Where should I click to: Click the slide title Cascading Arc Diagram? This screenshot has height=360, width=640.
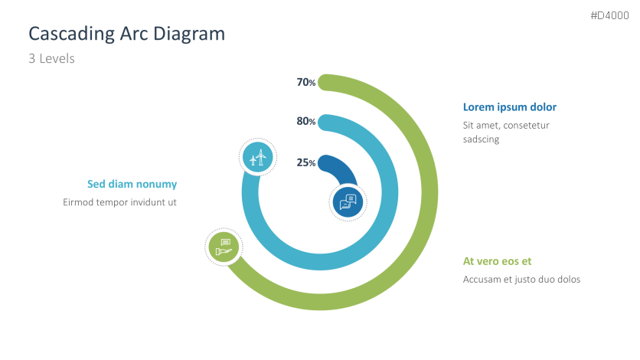coord(126,33)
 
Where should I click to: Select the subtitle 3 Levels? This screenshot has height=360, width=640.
coord(51,58)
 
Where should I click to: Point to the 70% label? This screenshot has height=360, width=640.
coord(305,82)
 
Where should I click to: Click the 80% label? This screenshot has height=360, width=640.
coord(305,121)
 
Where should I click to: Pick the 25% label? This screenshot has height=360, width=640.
coord(305,162)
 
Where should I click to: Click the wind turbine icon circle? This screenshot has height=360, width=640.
coord(258,158)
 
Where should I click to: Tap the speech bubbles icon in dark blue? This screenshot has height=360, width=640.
coord(348,202)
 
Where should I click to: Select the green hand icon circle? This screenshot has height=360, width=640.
coord(224,247)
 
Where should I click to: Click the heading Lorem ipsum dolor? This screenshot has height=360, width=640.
coord(509,107)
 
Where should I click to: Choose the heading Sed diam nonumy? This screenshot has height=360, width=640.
coord(132,184)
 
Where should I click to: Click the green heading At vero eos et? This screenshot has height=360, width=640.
coord(497,261)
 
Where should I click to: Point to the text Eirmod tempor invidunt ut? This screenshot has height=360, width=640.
coord(119,202)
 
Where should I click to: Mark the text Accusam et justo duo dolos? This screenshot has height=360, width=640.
coord(521,279)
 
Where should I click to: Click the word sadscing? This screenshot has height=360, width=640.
coord(481,139)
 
